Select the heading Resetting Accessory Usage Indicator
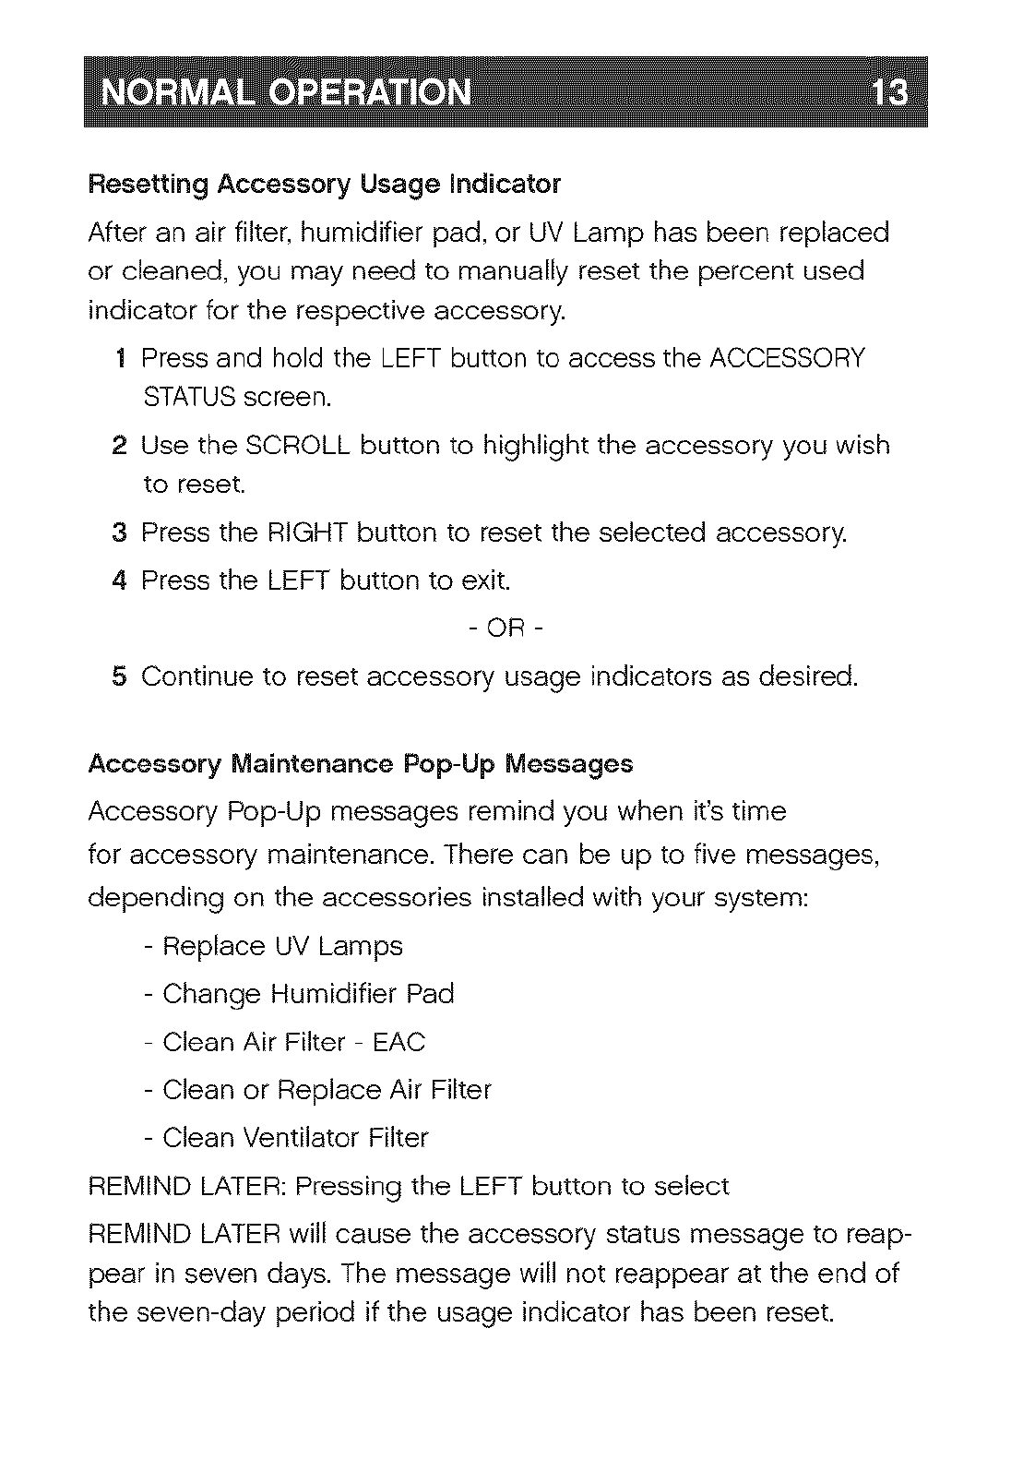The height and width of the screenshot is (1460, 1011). click(324, 185)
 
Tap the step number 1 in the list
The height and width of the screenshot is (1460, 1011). click(122, 358)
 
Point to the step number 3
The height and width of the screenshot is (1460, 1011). click(119, 533)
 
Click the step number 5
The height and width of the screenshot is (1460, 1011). click(119, 677)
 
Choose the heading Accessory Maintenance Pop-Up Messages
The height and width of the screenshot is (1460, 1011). click(361, 764)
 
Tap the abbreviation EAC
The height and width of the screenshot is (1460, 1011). click(398, 1043)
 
